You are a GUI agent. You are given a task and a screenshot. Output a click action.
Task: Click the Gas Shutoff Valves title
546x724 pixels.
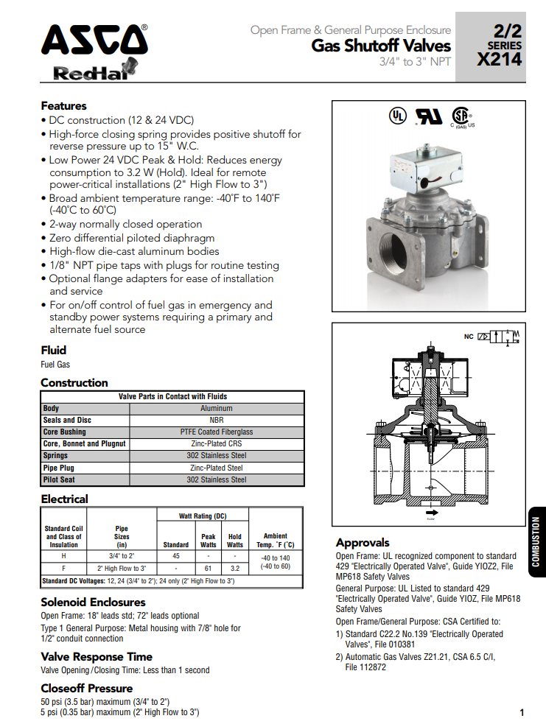coord(381,46)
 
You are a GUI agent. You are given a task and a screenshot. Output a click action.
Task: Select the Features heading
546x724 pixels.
coord(63,105)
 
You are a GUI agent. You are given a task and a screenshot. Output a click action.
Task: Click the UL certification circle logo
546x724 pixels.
coord(397,116)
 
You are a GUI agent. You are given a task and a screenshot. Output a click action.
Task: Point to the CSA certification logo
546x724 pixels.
coord(461,117)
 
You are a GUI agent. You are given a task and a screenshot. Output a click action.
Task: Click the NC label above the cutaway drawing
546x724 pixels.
coord(468,337)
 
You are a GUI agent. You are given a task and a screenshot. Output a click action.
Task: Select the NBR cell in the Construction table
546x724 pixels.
coord(216,420)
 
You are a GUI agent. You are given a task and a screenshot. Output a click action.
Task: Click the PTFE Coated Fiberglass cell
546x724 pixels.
coord(216,432)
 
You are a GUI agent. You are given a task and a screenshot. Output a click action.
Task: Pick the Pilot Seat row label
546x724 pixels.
coord(59,479)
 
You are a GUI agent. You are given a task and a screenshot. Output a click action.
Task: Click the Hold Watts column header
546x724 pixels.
coord(234,541)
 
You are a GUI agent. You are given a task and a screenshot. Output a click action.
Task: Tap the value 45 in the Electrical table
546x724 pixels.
coord(176,556)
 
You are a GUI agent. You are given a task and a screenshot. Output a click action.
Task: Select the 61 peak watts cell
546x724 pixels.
coord(209,569)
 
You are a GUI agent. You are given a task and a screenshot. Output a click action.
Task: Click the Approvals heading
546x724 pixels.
coord(363,543)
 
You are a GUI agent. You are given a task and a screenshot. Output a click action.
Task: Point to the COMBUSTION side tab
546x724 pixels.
coord(536,541)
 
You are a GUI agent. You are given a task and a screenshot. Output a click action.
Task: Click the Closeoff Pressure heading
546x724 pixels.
coord(86,688)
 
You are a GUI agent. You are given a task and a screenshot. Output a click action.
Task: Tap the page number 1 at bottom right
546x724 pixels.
coord(521,712)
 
